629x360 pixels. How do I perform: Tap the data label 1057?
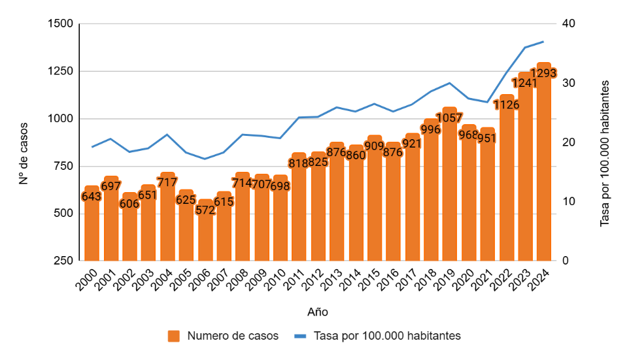(449, 118)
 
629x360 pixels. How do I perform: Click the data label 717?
(167, 182)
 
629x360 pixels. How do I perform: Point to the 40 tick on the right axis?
(568, 24)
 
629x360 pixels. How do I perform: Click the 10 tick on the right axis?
(568, 202)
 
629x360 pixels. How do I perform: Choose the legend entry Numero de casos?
(233, 336)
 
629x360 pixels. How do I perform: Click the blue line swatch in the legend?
(300, 336)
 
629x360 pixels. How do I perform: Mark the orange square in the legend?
(174, 336)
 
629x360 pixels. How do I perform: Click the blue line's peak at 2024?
(543, 42)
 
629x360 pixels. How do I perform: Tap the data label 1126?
(506, 105)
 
